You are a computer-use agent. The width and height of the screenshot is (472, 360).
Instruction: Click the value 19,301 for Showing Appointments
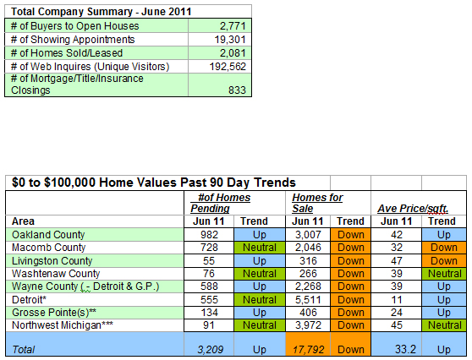pos(230,40)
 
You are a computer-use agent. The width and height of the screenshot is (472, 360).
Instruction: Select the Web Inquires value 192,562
pos(228,67)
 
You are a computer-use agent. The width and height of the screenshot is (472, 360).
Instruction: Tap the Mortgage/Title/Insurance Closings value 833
pos(237,90)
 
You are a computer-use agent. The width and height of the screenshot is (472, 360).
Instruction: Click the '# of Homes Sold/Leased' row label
pos(67,53)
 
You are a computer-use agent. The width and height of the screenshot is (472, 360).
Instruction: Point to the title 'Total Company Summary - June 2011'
pos(102,12)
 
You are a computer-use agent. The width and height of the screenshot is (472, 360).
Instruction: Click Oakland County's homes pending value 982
pos(209,235)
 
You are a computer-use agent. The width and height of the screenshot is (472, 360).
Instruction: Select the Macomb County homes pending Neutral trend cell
pos(260,248)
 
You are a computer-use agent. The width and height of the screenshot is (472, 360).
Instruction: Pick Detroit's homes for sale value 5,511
pos(308,300)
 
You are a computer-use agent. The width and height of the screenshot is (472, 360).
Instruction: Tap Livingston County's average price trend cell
pos(444,261)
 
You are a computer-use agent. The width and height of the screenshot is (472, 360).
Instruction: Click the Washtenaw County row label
pos(56,274)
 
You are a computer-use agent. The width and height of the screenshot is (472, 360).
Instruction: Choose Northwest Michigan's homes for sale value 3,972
pos(308,325)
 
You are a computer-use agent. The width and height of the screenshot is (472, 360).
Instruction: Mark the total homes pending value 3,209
pos(210,350)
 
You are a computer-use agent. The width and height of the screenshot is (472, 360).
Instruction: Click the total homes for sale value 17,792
pos(308,350)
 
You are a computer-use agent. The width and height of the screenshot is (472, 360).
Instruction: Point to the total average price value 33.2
pos(405,349)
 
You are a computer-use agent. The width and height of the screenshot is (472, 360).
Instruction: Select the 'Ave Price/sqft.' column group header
pos(413,209)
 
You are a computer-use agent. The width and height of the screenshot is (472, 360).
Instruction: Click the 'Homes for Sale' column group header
pos(317,203)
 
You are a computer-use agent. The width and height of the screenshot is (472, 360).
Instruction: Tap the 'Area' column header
pos(23,221)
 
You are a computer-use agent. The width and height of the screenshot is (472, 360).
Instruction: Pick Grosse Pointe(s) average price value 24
pos(397,313)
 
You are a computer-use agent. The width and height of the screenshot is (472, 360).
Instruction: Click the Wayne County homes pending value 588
pos(209,286)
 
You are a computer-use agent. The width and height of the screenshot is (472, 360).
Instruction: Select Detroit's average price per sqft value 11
pos(397,300)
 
